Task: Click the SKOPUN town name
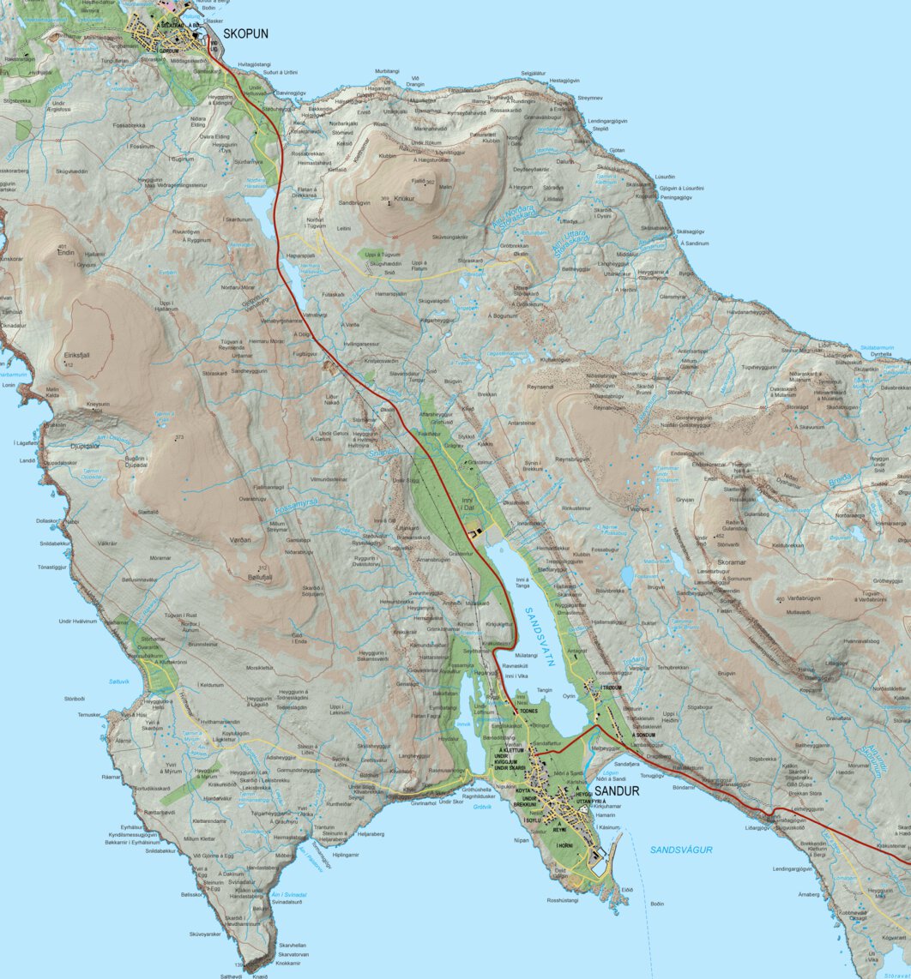(x=245, y=34)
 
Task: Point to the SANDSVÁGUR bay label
(x=681, y=850)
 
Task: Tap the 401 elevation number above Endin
(x=63, y=246)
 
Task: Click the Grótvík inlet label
(x=483, y=807)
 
